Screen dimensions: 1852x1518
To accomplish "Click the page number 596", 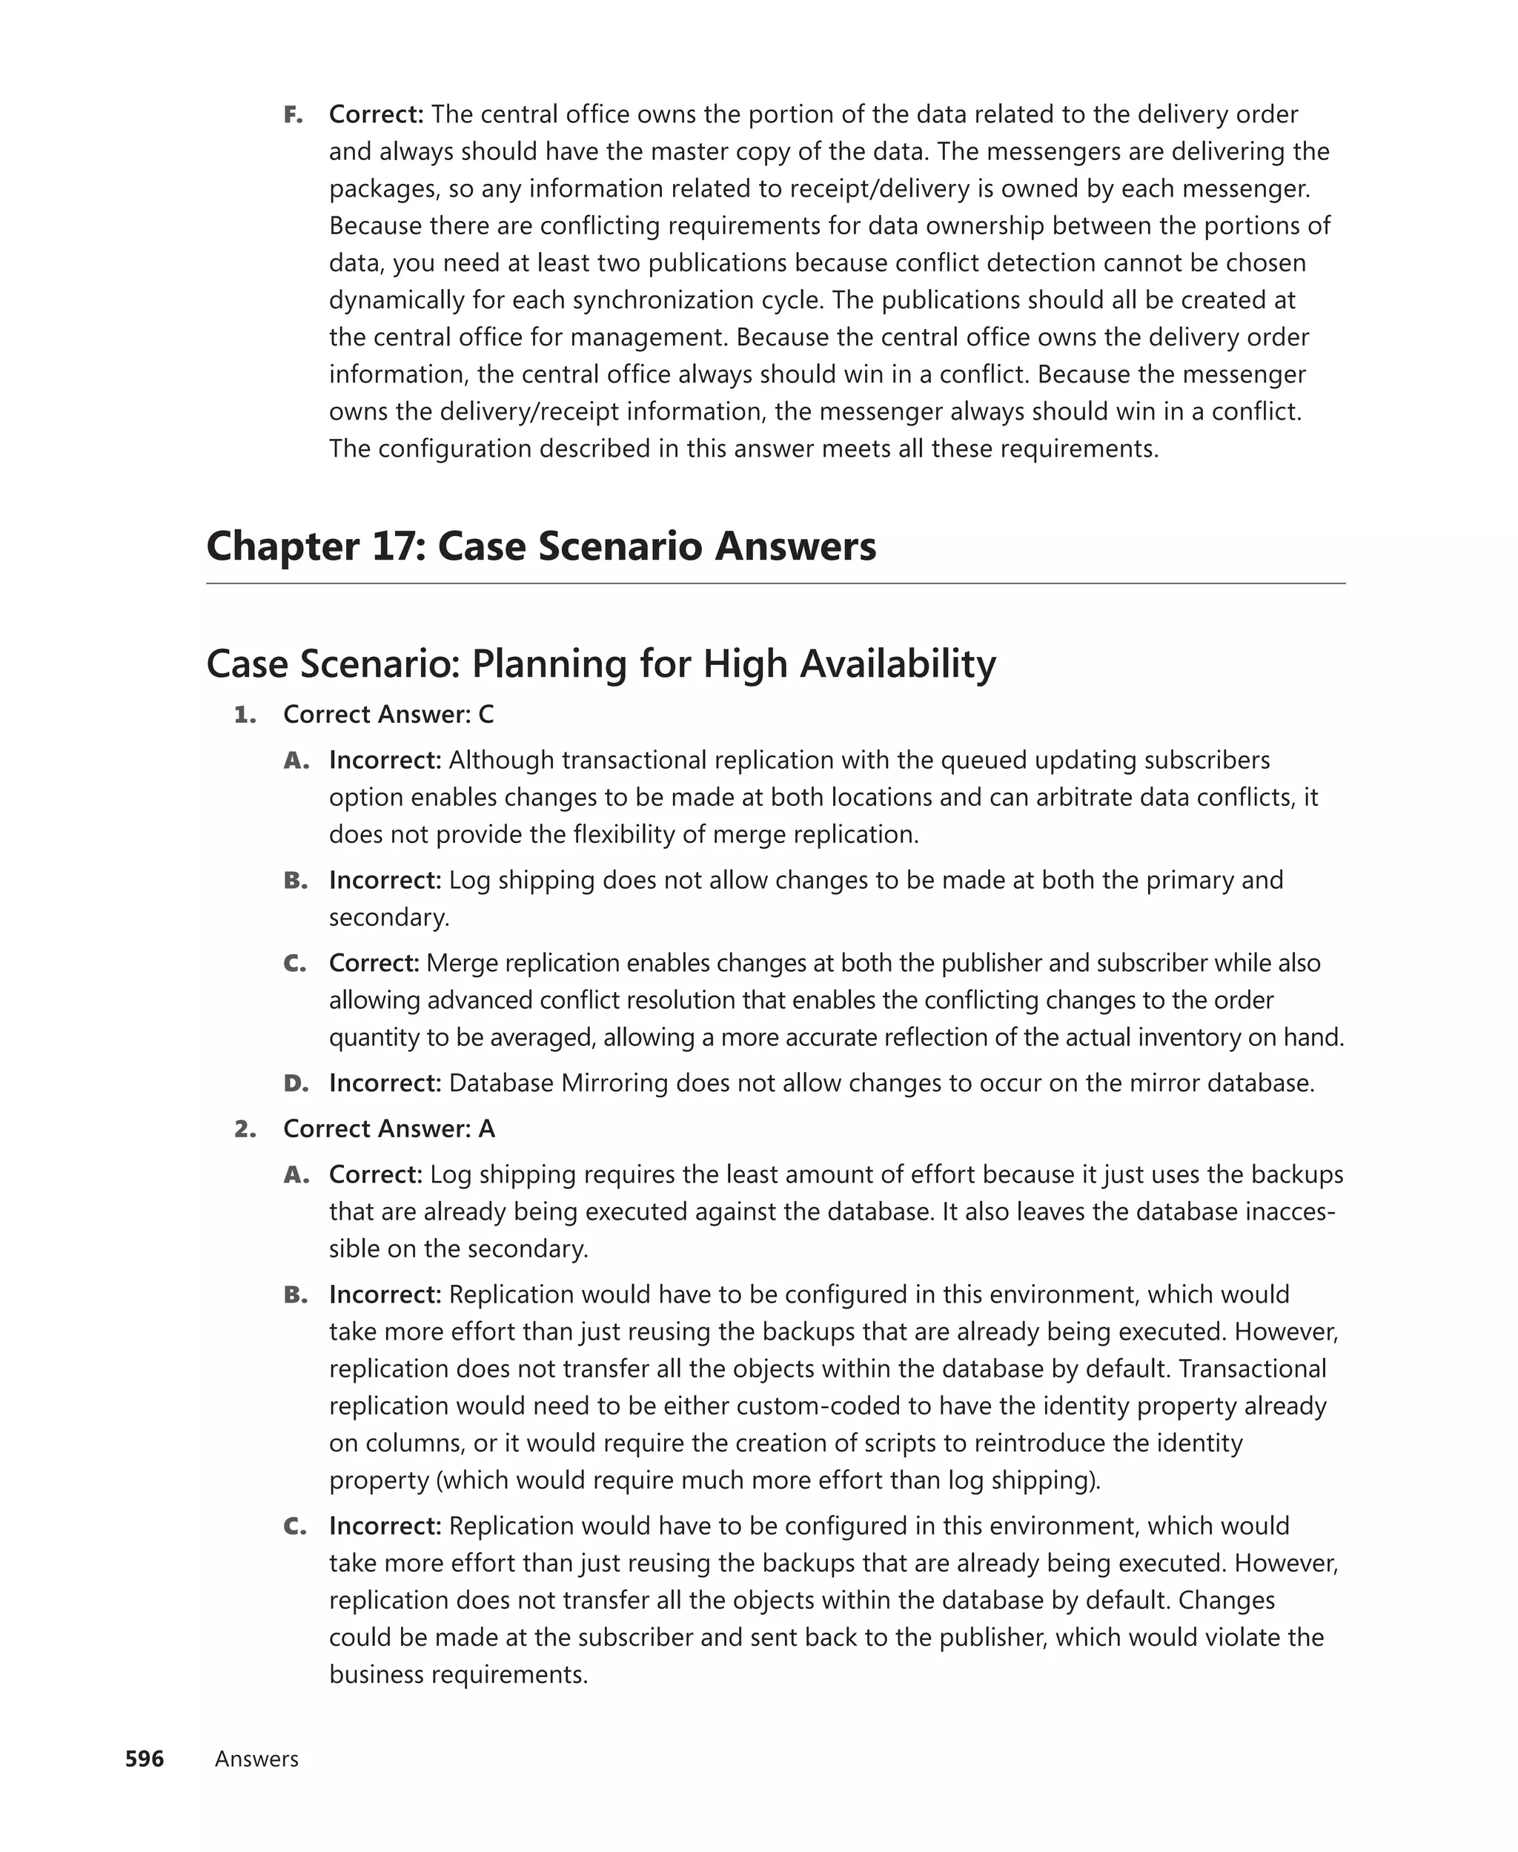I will [145, 1759].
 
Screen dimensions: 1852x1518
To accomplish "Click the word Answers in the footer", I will [256, 1759].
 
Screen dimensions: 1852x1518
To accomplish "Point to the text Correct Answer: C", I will [388, 715].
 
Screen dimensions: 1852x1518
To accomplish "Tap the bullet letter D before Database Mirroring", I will [296, 1083].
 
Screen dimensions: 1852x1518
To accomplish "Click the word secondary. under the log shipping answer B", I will [389, 917].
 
